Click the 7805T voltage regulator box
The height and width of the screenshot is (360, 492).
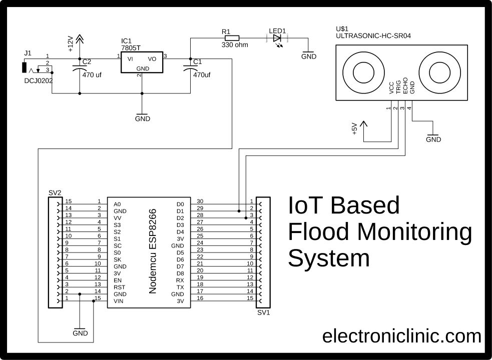142,62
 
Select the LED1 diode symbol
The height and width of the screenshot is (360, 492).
276,37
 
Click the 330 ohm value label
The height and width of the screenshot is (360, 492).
235,45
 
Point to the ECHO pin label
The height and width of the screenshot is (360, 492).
405,86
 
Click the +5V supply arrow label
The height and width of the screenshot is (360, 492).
354,129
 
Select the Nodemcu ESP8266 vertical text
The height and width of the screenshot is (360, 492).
154,251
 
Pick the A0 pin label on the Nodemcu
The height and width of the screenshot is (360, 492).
117,204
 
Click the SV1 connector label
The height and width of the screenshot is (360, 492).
263,313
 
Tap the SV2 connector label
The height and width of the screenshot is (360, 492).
55,192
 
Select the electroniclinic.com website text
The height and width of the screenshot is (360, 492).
401,335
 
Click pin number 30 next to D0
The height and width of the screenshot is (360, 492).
200,201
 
